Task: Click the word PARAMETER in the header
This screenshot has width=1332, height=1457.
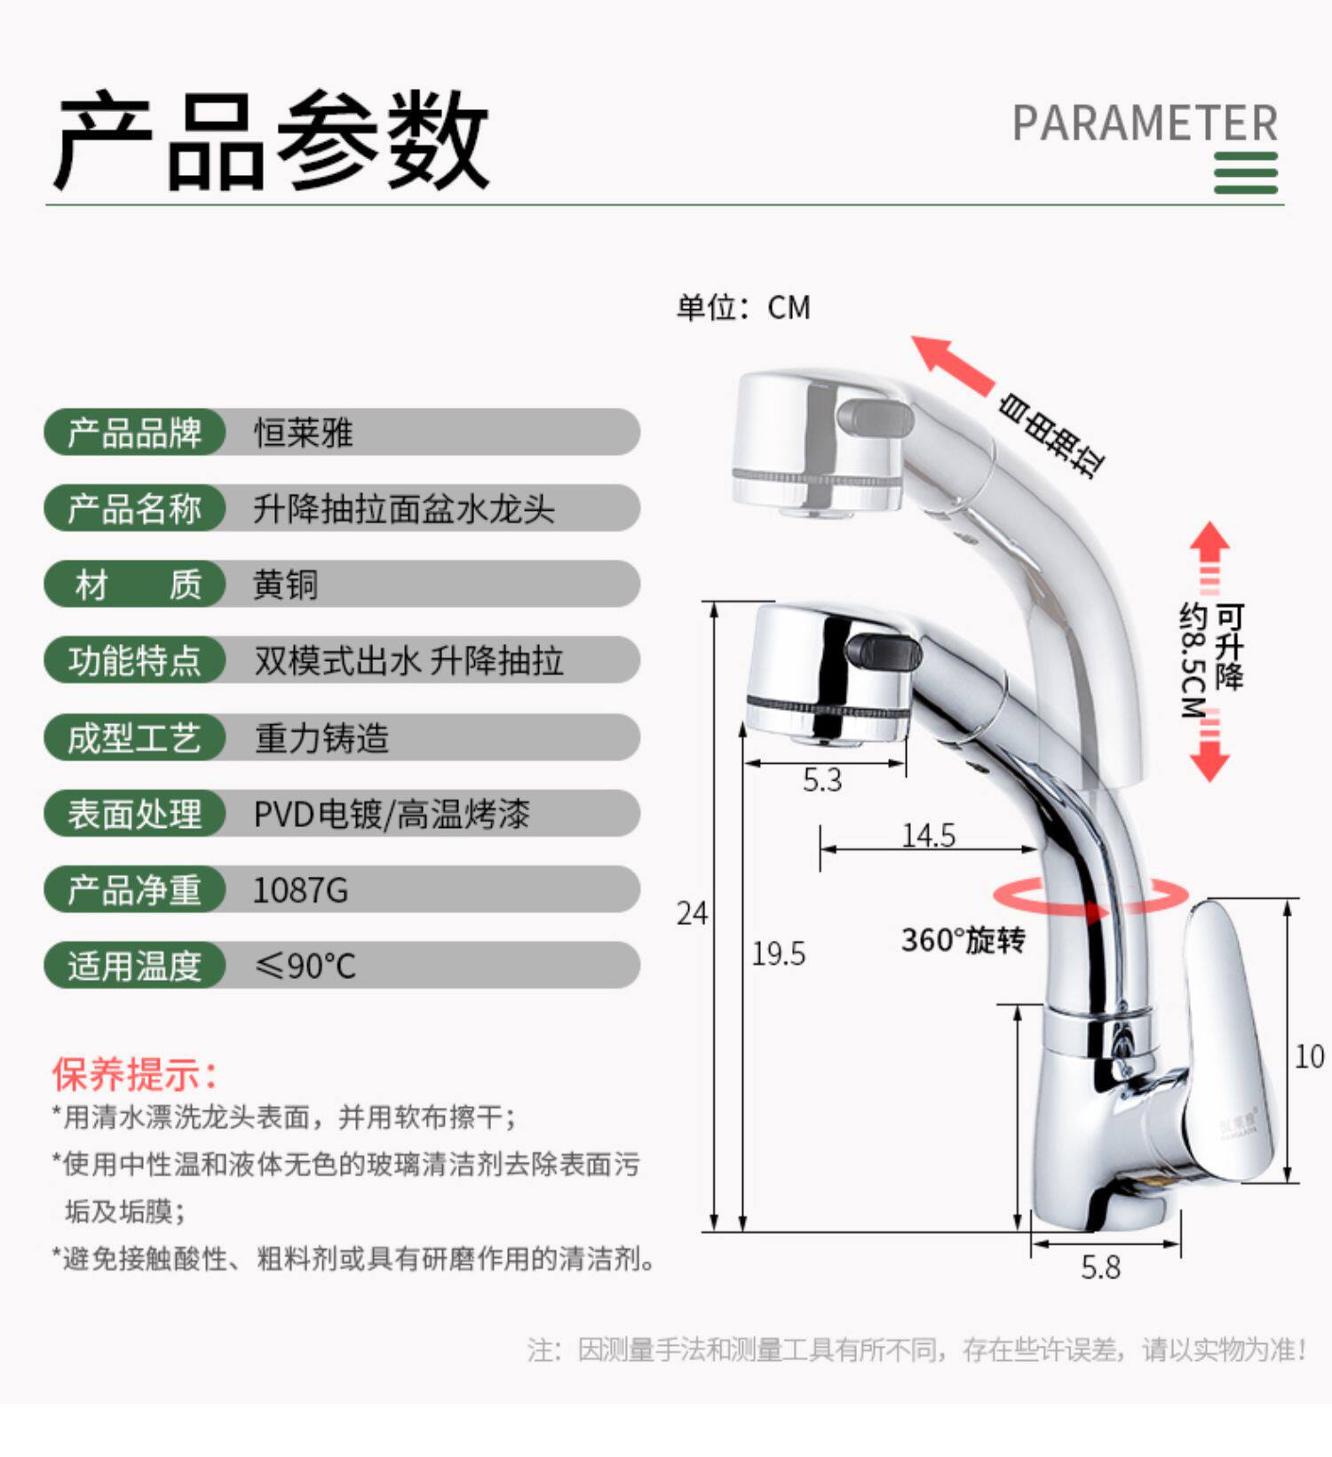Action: pos(1145,123)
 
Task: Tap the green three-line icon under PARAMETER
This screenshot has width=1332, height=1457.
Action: pos(1245,172)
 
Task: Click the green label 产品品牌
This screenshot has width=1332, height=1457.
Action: pos(135,433)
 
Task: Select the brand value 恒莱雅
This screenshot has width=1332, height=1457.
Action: pos(304,434)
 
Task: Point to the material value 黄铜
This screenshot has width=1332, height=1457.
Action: pos(285,585)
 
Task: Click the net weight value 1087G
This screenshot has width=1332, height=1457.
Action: pos(300,890)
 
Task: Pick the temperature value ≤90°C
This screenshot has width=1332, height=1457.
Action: pos(305,966)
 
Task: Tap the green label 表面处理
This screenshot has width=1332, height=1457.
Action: pos(135,814)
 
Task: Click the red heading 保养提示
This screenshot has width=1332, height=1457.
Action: pos(134,1074)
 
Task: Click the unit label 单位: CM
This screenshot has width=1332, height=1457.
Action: pos(742,307)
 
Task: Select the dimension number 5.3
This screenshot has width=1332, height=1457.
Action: pos(821,780)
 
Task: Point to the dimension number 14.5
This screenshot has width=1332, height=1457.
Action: pos(928,835)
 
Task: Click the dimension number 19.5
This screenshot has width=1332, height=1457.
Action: pos(778,954)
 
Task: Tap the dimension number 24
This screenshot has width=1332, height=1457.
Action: pos(692,913)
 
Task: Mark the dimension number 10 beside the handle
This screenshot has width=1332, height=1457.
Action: pos(1309,1056)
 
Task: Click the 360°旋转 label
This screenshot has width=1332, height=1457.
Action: pos(963,940)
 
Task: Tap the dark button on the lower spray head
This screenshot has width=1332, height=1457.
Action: pos(884,652)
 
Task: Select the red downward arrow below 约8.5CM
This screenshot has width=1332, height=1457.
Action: pos(1209,760)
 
